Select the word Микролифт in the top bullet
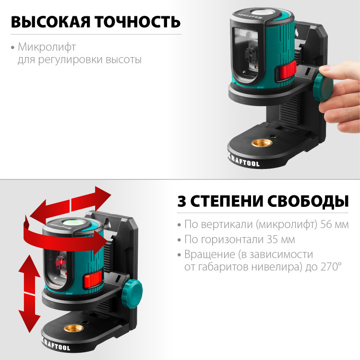[47, 48]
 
